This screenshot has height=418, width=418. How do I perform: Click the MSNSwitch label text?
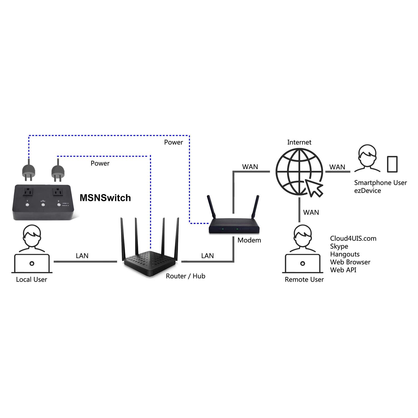tap(105, 198)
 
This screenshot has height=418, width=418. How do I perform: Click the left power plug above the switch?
tap(28, 171)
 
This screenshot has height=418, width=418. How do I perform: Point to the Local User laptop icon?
tap(32, 263)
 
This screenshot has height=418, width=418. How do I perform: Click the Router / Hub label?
tap(186, 276)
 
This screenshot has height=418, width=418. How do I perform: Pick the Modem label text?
tap(249, 240)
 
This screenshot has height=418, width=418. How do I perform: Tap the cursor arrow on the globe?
tap(314, 188)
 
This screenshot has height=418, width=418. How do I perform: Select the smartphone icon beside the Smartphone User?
tap(392, 164)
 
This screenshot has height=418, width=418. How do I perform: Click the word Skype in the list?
tap(339, 246)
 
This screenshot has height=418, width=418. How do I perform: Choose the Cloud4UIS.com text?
tap(353, 239)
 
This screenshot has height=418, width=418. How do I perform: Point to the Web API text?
tap(343, 270)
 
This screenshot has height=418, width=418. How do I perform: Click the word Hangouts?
tap(345, 254)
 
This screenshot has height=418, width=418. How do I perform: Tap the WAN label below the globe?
tap(311, 212)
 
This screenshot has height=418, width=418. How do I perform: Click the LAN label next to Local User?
tap(82, 256)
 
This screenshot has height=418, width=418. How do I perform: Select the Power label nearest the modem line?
tap(173, 142)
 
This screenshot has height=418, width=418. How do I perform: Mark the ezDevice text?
tap(367, 191)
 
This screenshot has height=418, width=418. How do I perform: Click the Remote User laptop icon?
tap(302, 263)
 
